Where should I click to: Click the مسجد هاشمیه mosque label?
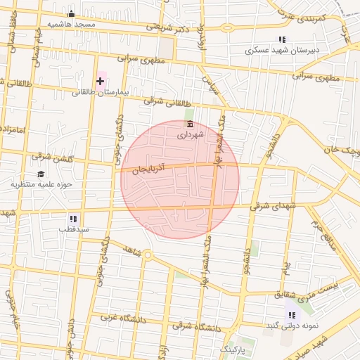click(71, 23)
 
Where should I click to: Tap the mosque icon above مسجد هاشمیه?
click(71, 13)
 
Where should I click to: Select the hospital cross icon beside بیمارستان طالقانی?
click(100, 81)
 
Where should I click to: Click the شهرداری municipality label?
click(190, 133)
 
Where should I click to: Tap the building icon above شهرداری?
click(190, 124)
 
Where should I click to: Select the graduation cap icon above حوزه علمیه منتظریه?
click(41, 174)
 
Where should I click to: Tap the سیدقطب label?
click(73, 229)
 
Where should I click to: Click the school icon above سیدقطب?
click(73, 219)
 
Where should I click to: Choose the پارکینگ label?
click(235, 349)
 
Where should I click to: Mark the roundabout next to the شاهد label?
click(147, 255)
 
